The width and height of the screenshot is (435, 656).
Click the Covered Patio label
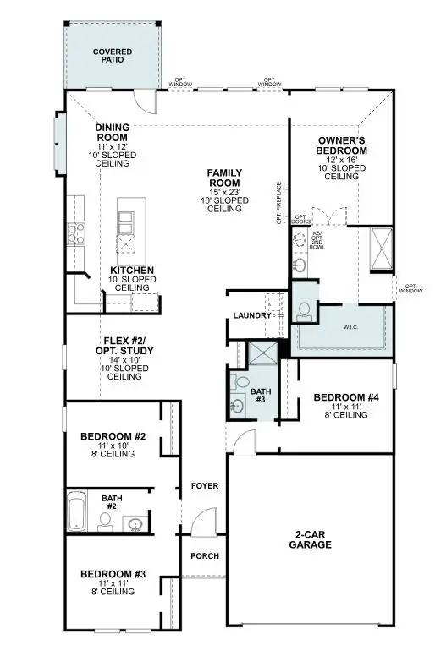[x=112, y=56]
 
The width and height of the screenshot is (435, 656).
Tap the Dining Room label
[x=112, y=132]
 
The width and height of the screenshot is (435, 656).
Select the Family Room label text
[x=224, y=178]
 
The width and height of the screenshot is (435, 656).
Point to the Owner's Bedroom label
[x=342, y=145]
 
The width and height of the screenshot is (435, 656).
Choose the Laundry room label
[x=251, y=316]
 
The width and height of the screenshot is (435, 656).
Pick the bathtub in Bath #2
[x=77, y=515]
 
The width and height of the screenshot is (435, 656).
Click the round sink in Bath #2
[x=135, y=524]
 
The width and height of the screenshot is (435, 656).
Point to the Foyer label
[x=205, y=486]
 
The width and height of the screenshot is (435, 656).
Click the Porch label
[x=205, y=555]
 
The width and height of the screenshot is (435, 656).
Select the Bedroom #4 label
[x=345, y=397]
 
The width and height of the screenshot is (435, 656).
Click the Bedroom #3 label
[x=113, y=574]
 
